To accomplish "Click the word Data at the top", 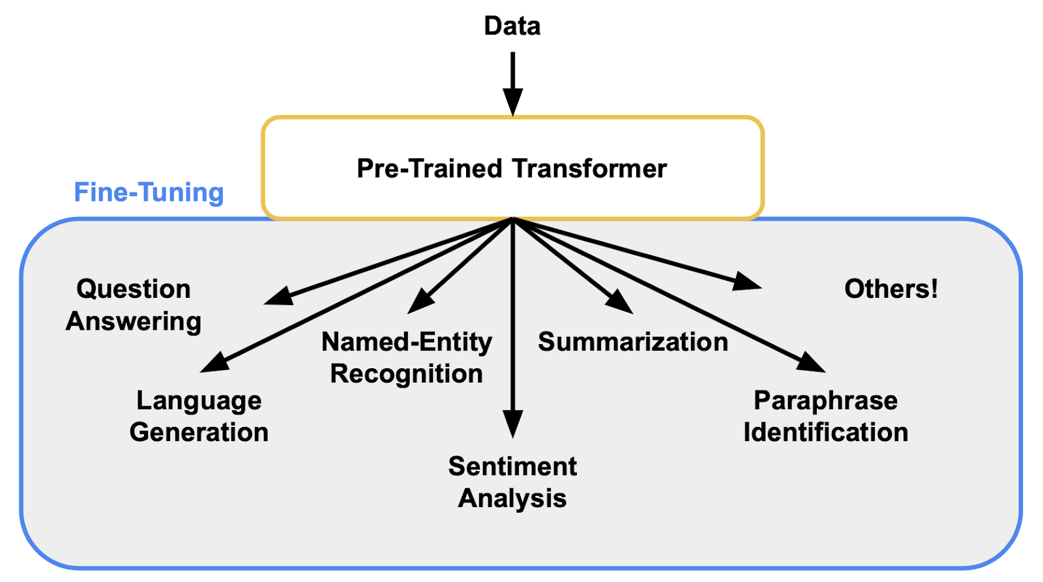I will click(x=512, y=26).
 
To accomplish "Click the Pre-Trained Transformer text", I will click(x=512, y=169).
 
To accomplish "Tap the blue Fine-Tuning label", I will click(x=149, y=193).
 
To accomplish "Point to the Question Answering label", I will click(x=133, y=305).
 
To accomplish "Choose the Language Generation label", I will click(x=199, y=416).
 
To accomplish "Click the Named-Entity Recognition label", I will click(x=407, y=358).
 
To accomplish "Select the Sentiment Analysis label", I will click(x=512, y=482).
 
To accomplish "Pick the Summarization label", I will click(x=632, y=342).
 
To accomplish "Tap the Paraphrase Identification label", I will click(x=826, y=416).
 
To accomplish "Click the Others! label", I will click(x=891, y=289).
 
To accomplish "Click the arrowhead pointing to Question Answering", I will click(x=278, y=297).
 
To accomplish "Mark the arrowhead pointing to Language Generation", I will click(x=214, y=363).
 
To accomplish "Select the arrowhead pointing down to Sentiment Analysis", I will click(x=513, y=424).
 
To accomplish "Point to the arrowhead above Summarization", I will click(x=619, y=302).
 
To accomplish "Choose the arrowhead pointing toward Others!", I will click(x=747, y=282).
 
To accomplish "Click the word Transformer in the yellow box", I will click(x=589, y=169).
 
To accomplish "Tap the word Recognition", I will click(x=407, y=374).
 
